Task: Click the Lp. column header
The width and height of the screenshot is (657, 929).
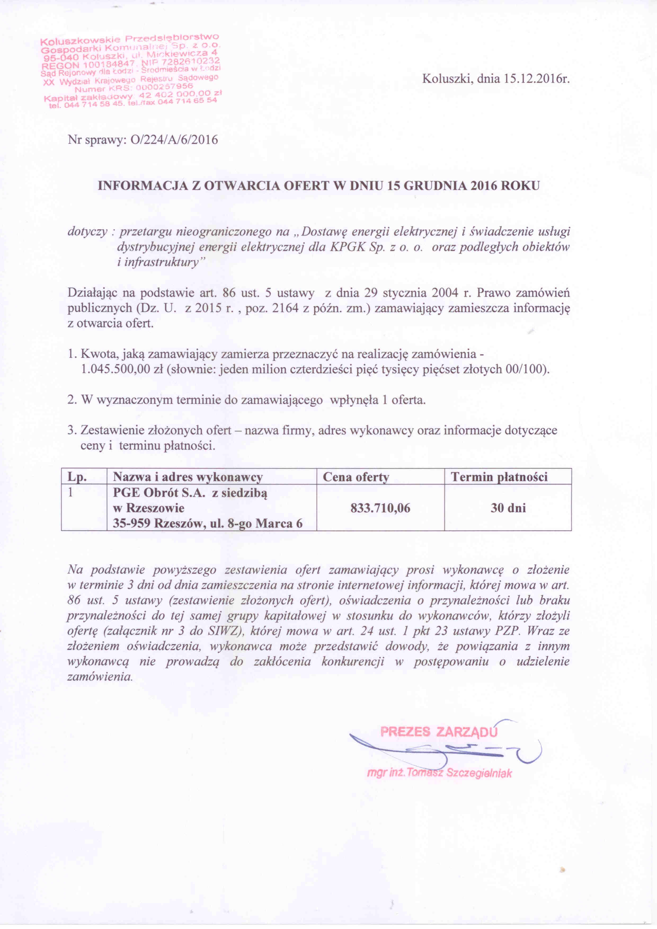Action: tap(77, 477)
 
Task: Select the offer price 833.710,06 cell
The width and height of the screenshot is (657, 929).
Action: tap(380, 508)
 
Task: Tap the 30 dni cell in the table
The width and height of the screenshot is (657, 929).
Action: tap(508, 508)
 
